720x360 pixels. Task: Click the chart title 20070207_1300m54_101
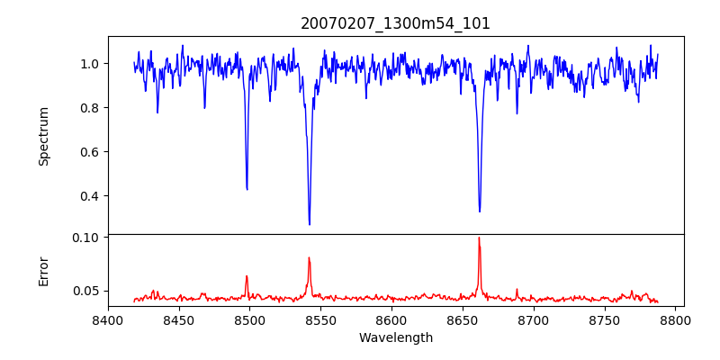(x=395, y=23)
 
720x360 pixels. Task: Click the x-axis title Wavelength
(x=395, y=338)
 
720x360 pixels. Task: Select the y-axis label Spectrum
(x=43, y=136)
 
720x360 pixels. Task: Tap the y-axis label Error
(x=43, y=271)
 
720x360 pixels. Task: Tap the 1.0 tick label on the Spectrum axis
(x=92, y=64)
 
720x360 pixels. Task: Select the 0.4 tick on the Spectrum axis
(x=92, y=196)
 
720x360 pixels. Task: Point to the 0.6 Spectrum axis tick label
(x=92, y=152)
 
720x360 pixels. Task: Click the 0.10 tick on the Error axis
(x=88, y=238)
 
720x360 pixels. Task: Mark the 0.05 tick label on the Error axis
(x=88, y=291)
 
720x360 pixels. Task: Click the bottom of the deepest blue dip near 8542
(x=310, y=224)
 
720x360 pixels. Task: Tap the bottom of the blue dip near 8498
(x=247, y=189)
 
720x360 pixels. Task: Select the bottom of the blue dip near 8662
(x=480, y=211)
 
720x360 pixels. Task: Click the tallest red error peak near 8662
(x=479, y=238)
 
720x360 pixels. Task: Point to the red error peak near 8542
(x=309, y=258)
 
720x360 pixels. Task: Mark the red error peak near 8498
(x=247, y=276)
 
